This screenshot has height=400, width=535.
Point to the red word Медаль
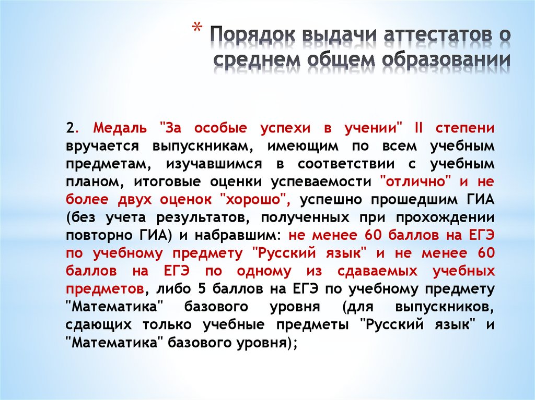click(x=118, y=128)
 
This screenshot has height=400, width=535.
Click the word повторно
click(x=94, y=235)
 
